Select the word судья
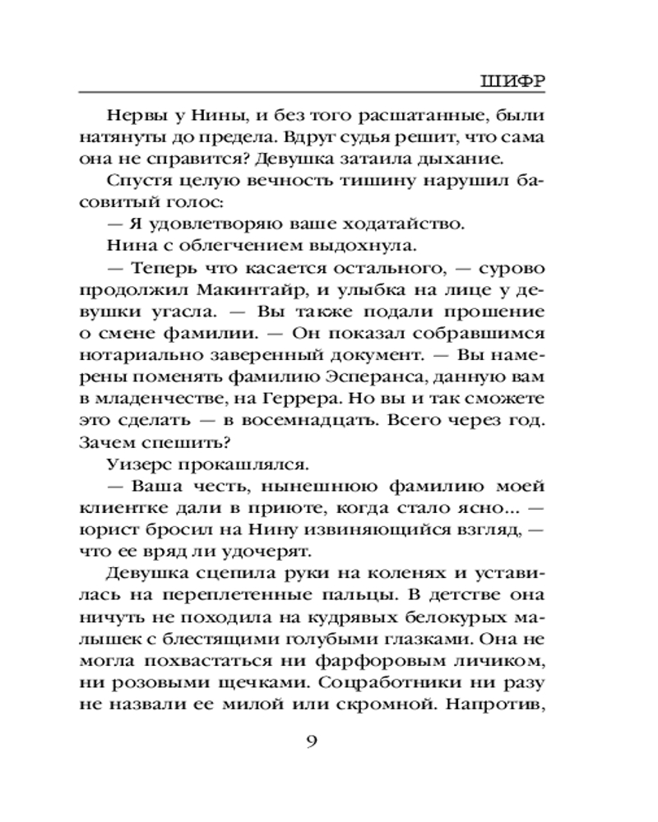click(x=360, y=135)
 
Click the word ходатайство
click(x=414, y=224)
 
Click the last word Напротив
click(x=503, y=704)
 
